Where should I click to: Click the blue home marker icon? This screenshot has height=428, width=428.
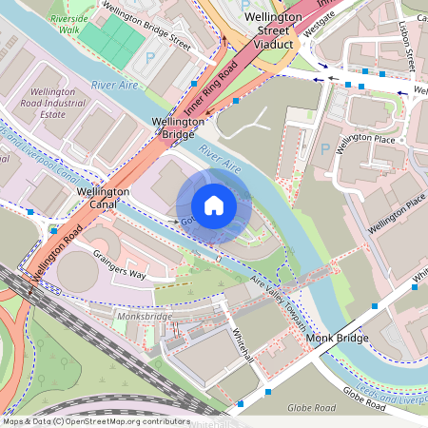213,205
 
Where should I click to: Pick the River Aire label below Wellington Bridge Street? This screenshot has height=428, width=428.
115,85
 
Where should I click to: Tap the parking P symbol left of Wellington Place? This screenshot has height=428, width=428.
326,150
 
